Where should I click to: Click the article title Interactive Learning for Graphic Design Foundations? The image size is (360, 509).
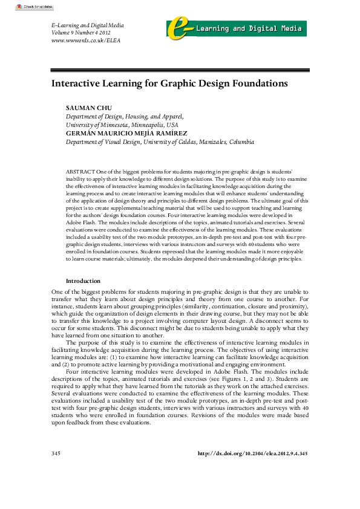[x=169, y=83]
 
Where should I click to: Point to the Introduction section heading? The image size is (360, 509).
[x=83, y=281]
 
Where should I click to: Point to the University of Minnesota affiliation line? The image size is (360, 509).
[x=117, y=125]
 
